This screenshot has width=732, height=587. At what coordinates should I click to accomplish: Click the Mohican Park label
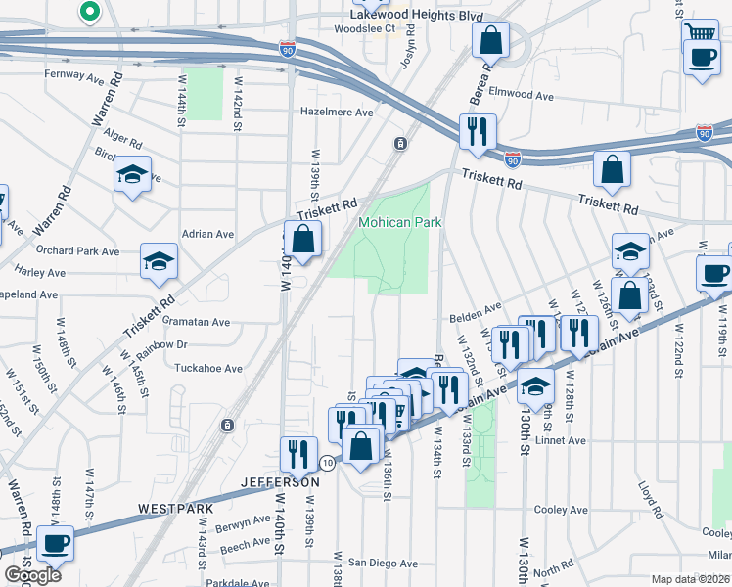pyautogui.click(x=399, y=222)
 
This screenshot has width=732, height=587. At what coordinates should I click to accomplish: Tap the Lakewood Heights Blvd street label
pyautogui.click(x=418, y=16)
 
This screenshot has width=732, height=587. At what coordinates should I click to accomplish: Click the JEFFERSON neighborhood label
pyautogui.click(x=281, y=482)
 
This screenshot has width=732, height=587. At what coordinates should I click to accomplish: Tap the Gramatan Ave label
pyautogui.click(x=197, y=322)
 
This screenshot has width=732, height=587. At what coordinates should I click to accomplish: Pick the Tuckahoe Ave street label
pyautogui.click(x=206, y=369)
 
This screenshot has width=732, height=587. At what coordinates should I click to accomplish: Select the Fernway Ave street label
pyautogui.click(x=73, y=74)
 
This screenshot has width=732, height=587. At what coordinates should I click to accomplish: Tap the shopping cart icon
pyautogui.click(x=700, y=32)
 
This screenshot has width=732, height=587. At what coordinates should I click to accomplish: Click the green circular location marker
pyautogui.click(x=89, y=12)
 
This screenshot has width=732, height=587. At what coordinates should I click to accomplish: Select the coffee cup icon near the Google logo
pyautogui.click(x=55, y=541)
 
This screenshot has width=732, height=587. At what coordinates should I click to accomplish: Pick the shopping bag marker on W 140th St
pyautogui.click(x=303, y=238)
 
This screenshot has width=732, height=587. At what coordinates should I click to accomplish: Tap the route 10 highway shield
pyautogui.click(x=327, y=463)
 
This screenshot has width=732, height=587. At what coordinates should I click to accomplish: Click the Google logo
pyautogui.click(x=32, y=575)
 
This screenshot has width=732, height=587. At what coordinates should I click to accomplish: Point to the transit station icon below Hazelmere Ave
pyautogui.click(x=400, y=145)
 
